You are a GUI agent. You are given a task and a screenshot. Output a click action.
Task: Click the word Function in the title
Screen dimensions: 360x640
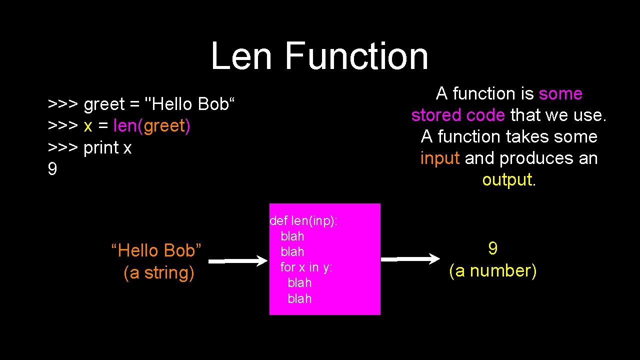coord(356,56)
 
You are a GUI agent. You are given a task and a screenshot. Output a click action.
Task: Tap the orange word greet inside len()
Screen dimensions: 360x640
coord(164,126)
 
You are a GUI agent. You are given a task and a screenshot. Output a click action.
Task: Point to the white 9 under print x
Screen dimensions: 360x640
coord(52,169)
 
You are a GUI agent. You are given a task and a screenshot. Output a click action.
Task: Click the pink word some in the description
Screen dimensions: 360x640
coord(560,94)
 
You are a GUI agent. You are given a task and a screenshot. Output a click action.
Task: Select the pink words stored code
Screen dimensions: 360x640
coord(457,115)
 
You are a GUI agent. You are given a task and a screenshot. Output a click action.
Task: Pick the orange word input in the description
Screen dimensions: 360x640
coord(440,158)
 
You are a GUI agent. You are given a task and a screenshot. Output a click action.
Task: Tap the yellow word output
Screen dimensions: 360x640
coord(507,180)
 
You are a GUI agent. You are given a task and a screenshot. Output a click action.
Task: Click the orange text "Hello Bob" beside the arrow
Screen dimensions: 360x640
coord(156,250)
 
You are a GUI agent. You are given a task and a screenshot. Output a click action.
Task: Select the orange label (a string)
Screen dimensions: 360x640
coord(158,273)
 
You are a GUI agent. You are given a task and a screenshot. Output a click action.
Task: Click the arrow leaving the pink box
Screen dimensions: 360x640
coord(410,259)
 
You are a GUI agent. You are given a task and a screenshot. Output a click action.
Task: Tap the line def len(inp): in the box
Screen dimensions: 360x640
coord(303,220)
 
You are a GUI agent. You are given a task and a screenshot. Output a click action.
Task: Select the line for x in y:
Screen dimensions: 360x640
coord(306,267)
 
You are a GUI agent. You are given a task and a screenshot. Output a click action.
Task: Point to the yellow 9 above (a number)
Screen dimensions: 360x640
coord(493,248)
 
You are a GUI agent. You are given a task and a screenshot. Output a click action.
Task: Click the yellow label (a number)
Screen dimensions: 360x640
coord(493,271)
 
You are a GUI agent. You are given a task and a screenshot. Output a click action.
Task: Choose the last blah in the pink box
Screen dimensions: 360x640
coord(299,299)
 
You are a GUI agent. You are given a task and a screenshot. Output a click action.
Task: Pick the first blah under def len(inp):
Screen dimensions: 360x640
coord(292,236)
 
